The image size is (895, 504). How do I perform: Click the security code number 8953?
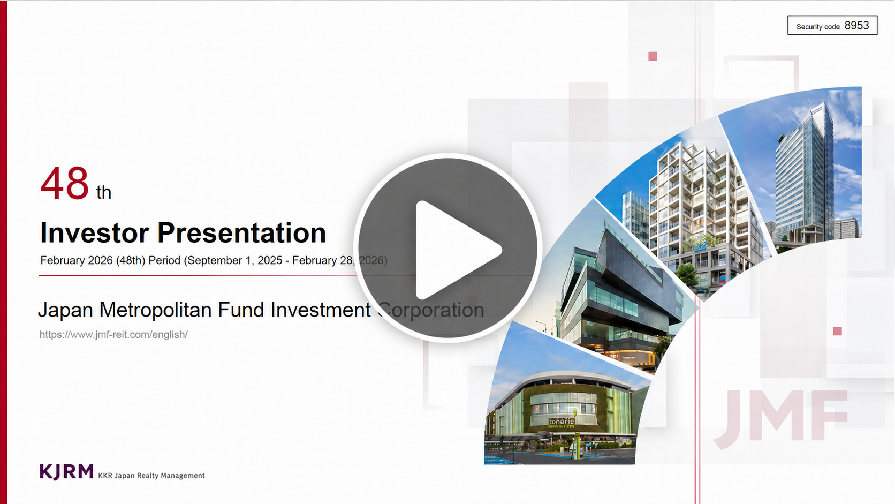pos(856,26)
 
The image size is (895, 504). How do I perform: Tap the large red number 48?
pos(64,183)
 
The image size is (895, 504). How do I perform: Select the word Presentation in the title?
pos(242,232)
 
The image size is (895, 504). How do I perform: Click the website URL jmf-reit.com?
pos(113,335)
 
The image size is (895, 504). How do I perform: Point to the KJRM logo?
pos(66,472)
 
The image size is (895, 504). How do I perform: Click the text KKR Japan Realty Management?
pos(151,476)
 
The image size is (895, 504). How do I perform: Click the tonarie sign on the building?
pos(562,422)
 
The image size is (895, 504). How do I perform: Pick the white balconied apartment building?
pos(691,212)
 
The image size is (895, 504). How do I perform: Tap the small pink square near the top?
pos(653,56)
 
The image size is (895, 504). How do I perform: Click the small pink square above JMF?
pos(838,331)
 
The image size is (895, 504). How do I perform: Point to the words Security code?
pos(818,27)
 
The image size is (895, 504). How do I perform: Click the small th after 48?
pos(104,193)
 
